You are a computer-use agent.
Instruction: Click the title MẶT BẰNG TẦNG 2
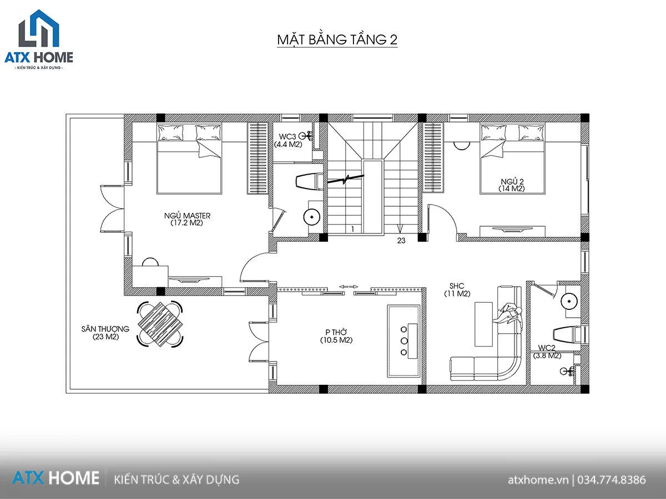click(337, 40)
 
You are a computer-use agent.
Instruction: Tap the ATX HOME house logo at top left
click(39, 40)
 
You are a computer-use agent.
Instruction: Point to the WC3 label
click(287, 136)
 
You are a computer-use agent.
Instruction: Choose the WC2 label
click(547, 348)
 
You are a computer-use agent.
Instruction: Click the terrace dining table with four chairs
click(160, 324)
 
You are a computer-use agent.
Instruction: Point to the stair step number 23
click(401, 241)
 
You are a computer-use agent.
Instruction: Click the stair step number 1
click(352, 229)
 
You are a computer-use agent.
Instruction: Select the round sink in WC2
click(569, 302)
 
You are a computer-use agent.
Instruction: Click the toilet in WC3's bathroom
click(310, 182)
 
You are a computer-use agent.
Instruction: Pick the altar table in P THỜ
click(403, 341)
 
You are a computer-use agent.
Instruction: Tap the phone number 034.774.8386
click(612, 480)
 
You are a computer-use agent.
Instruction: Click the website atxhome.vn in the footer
click(538, 480)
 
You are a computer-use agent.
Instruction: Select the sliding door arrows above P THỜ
click(349, 287)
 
